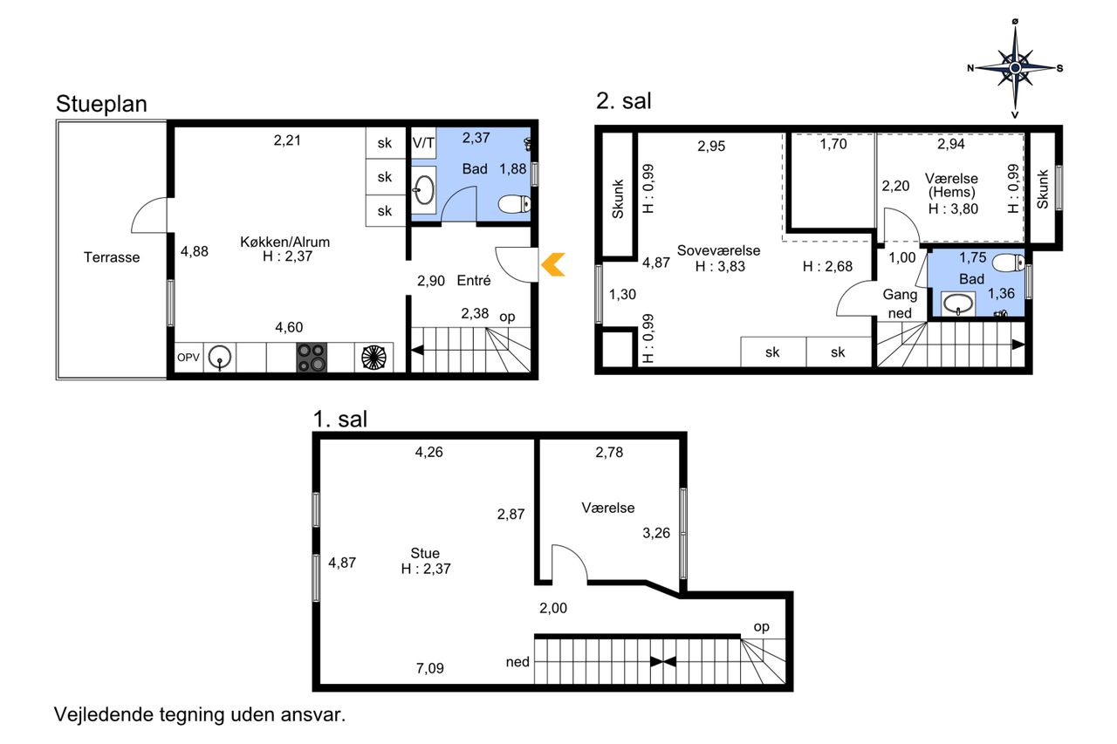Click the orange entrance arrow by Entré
pos(552,264)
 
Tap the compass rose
pos(1015,68)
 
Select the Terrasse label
pos(112,257)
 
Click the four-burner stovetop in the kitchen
pos(312,358)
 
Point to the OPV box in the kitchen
pos(188,358)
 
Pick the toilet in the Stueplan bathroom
pos(515,204)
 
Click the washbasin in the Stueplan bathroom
pos(424,190)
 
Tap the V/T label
pos(423,144)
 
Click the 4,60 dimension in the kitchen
pos(289,327)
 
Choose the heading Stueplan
pos(102,104)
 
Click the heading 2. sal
pos(624,100)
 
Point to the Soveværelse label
pos(718,250)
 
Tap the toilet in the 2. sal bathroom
pos(1009,263)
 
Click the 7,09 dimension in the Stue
pos(430,668)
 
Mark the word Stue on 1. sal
pos(425,553)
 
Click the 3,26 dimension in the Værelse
pos(656,533)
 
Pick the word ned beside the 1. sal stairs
pos(517,662)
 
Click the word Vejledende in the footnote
pos(104,714)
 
